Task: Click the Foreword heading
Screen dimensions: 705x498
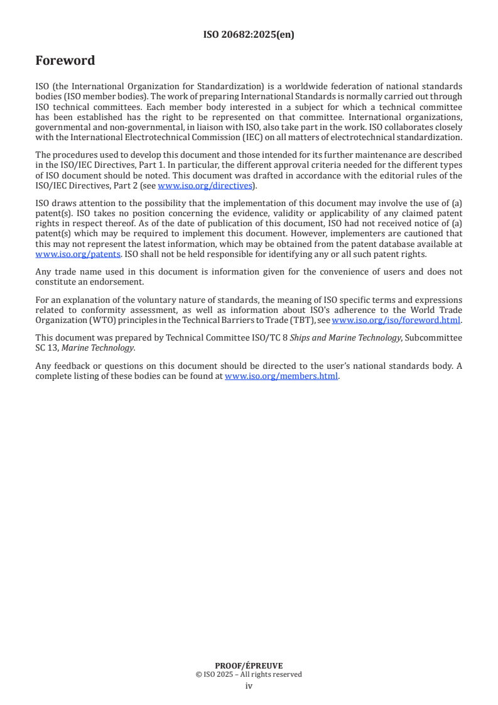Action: [x=65, y=61]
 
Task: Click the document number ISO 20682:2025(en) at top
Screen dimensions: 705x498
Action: [x=249, y=35]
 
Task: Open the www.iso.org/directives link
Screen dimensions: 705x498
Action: [x=205, y=185]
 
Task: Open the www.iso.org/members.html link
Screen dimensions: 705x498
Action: [x=281, y=376]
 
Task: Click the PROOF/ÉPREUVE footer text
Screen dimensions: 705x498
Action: [x=249, y=665]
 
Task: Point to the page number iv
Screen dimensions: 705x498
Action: [x=249, y=686]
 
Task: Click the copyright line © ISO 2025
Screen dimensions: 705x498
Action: [x=249, y=674]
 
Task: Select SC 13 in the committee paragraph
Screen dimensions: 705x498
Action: [x=44, y=347]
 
